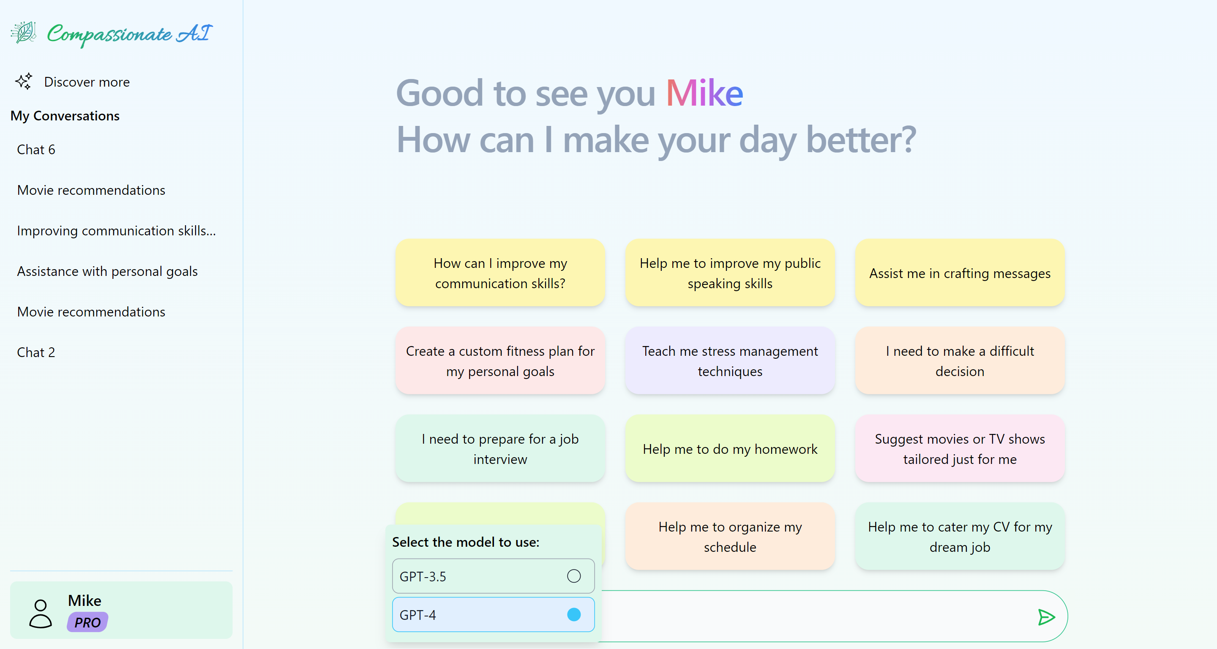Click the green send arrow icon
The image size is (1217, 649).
click(x=1045, y=617)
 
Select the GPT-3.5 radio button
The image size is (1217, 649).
click(x=573, y=576)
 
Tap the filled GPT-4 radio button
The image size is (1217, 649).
click(x=573, y=614)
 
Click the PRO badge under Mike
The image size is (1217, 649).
click(x=87, y=622)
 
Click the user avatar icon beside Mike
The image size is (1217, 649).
click(x=41, y=613)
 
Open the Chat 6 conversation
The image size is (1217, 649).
click(x=36, y=150)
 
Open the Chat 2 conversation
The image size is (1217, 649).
click(x=36, y=352)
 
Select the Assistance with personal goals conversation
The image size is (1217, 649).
click(x=107, y=271)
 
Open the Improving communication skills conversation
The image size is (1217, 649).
click(x=116, y=231)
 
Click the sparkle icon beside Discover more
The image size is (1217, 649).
click(x=24, y=81)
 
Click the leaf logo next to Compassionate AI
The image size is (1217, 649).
click(x=24, y=33)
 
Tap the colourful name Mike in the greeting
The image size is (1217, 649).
click(x=704, y=93)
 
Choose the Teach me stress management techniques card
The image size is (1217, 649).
click(x=729, y=361)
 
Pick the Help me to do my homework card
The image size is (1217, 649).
click(x=729, y=449)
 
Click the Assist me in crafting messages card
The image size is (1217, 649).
click(x=960, y=273)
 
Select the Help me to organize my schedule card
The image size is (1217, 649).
click(x=729, y=537)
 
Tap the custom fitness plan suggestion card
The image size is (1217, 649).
click(x=500, y=361)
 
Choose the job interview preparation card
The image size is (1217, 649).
click(x=500, y=449)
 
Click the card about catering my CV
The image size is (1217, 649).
click(x=960, y=537)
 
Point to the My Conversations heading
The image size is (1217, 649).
click(x=65, y=116)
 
